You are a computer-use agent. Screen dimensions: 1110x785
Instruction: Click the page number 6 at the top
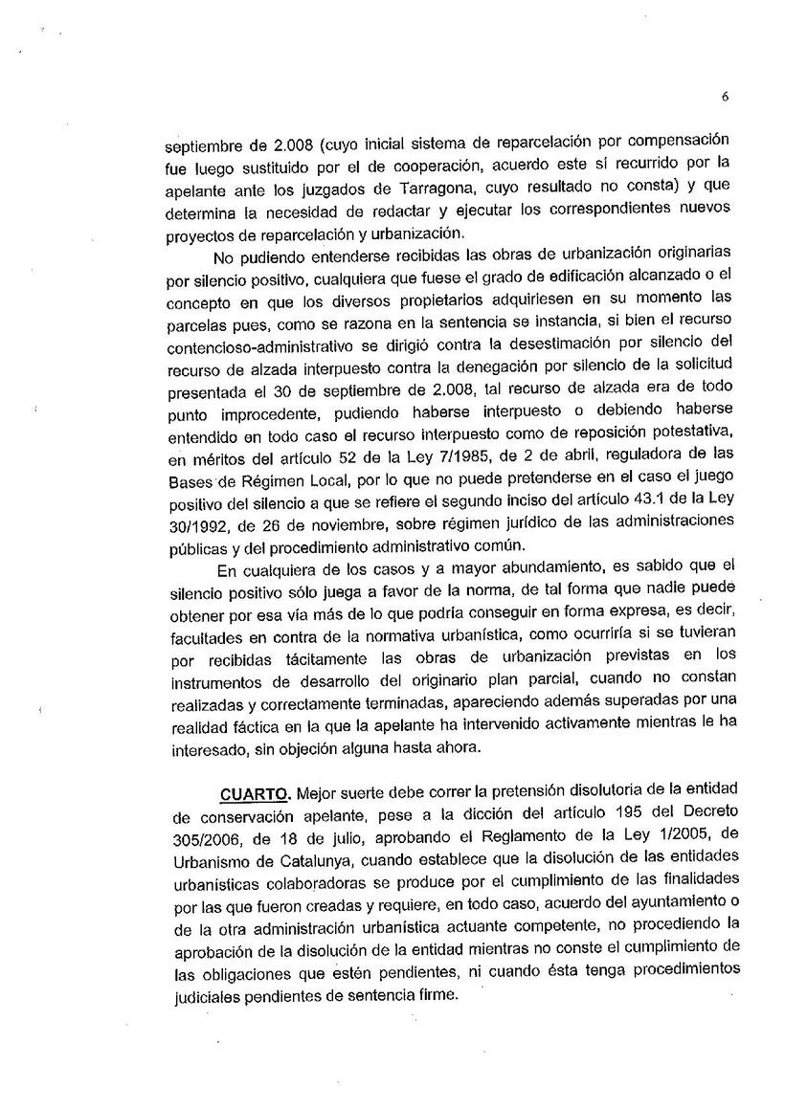pos(726,96)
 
